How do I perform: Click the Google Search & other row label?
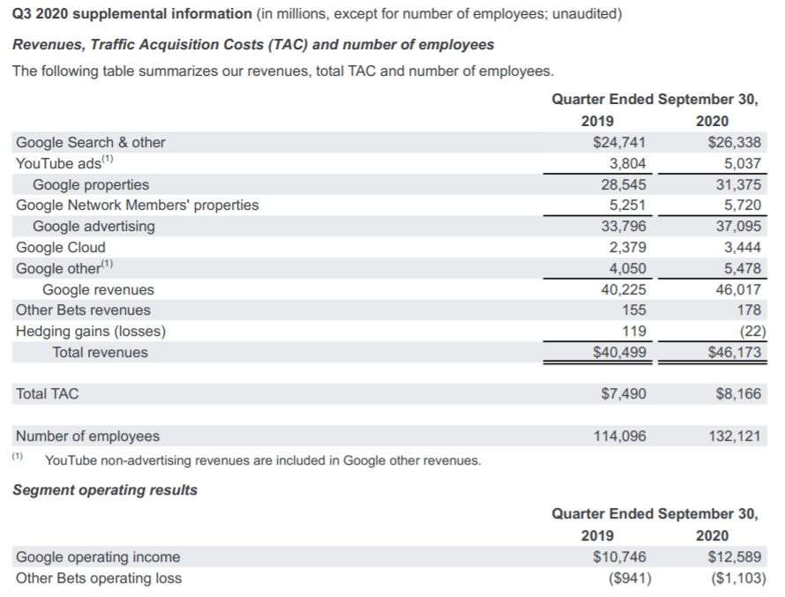[91, 142]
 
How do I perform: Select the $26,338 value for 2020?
[735, 142]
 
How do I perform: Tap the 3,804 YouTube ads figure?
[628, 163]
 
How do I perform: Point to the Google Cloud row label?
[61, 247]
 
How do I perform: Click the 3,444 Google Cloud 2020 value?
[742, 247]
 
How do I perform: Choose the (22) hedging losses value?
[746, 331]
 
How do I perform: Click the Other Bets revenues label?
[83, 310]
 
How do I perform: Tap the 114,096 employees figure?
[620, 436]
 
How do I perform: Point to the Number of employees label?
[88, 436]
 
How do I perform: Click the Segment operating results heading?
[105, 489]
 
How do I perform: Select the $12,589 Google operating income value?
[735, 556]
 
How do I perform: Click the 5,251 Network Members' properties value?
[628, 205]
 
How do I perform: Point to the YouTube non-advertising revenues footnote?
[263, 459]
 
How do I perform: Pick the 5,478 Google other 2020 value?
[742, 268]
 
